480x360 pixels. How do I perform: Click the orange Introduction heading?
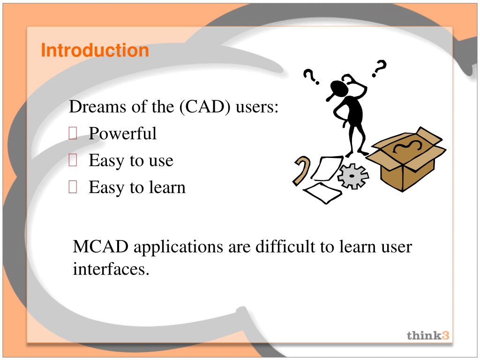click(x=95, y=50)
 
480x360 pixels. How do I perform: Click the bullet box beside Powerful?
click(x=73, y=133)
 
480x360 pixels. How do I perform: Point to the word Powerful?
click(x=122, y=134)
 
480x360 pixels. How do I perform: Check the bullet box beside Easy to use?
click(x=73, y=160)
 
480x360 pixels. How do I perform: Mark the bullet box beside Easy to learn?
click(x=73, y=187)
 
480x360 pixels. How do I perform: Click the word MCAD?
click(x=100, y=247)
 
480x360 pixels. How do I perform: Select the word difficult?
click(x=285, y=247)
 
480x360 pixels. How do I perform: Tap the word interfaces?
click(x=111, y=269)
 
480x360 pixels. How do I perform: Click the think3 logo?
click(x=428, y=336)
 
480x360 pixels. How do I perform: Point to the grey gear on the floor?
click(x=353, y=176)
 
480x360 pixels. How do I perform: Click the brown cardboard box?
click(x=405, y=159)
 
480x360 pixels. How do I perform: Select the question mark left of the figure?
click(x=311, y=76)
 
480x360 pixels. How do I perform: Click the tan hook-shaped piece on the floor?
click(x=301, y=171)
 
